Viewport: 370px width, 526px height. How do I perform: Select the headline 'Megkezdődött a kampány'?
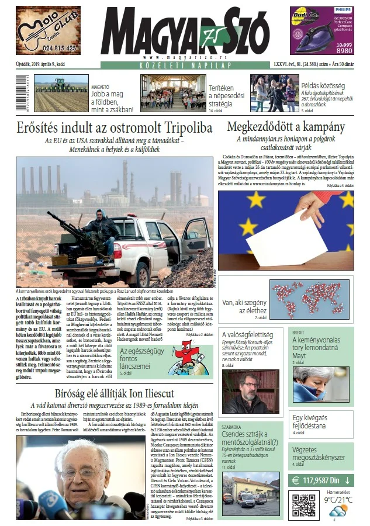(x=286, y=127)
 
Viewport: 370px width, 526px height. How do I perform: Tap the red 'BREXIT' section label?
(x=299, y=331)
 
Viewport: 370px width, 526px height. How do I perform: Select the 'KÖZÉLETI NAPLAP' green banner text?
(x=184, y=64)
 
